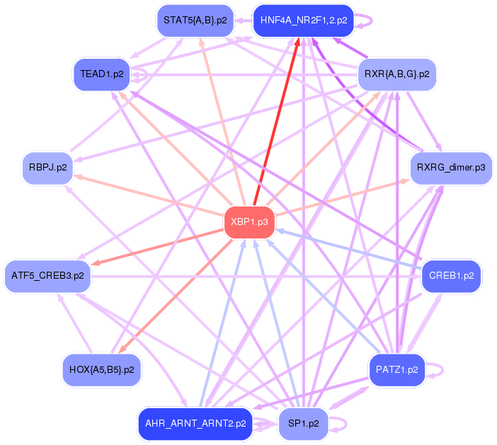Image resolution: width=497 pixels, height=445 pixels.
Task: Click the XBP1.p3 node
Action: [249, 222]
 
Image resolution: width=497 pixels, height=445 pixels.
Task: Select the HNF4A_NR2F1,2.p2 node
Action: [303, 20]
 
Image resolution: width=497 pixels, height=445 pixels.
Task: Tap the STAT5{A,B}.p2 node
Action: [195, 20]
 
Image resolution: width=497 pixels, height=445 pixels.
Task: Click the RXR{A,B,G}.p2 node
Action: [396, 73]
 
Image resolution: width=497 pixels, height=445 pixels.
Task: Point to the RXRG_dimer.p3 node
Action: [451, 168]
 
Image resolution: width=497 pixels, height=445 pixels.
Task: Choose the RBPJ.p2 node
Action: [48, 168]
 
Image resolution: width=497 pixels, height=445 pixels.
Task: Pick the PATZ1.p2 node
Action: [396, 369]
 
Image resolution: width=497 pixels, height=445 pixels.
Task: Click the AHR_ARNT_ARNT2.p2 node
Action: [195, 424]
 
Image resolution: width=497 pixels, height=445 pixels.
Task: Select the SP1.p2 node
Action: [303, 424]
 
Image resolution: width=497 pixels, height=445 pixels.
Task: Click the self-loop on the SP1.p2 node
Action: [344, 424]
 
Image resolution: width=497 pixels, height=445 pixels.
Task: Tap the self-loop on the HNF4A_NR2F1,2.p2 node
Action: [370, 20]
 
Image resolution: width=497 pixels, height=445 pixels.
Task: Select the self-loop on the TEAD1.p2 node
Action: [146, 74]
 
